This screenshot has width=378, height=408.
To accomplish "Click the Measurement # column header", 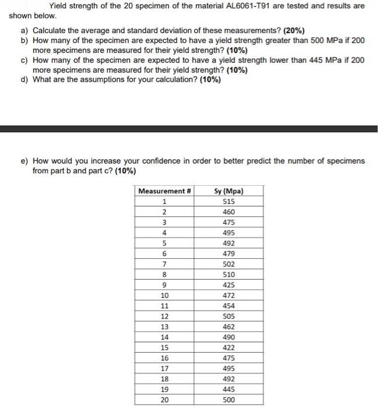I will coord(164,191).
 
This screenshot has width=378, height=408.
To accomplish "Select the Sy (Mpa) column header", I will coord(229,191).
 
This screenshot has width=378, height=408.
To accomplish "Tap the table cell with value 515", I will coord(229,202).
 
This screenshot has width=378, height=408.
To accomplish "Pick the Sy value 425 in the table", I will coord(229,285).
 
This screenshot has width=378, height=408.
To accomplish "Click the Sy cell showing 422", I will coord(229,347).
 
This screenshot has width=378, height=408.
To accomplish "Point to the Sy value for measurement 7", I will coord(229,264).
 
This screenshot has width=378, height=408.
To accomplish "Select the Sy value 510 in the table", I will coord(229,275).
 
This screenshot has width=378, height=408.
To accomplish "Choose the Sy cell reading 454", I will coord(229,306).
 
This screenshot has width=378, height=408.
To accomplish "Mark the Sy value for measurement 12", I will coord(229,316).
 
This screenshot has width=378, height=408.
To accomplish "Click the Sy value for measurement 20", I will coord(229,400).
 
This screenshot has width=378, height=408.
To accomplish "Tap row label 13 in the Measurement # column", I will coord(164,327).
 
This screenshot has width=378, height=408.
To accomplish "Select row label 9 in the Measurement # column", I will coord(164,285).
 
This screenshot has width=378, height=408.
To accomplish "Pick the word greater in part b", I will coord(235,40).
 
